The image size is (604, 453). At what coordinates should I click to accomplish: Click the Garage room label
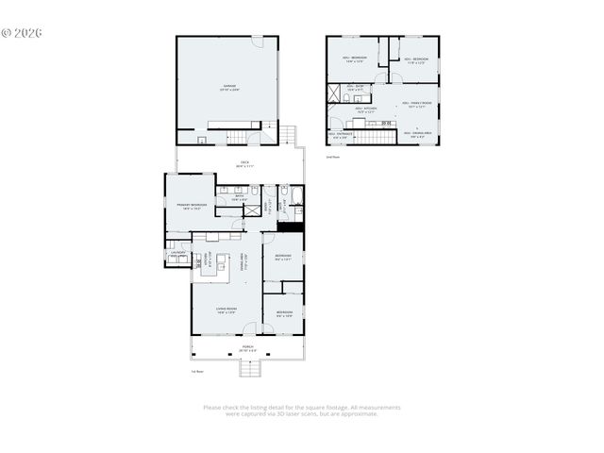tap(228, 87)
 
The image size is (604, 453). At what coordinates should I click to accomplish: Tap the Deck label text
tap(244, 163)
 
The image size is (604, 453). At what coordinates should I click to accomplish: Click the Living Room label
tap(226, 310)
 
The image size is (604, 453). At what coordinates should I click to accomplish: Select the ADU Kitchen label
tap(366, 109)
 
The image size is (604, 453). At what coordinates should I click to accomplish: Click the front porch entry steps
tap(248, 369)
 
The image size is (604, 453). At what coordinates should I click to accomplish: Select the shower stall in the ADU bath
tap(335, 93)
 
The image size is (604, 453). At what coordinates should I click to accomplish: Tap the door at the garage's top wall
tap(257, 41)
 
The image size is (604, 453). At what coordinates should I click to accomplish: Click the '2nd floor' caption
tap(332, 155)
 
